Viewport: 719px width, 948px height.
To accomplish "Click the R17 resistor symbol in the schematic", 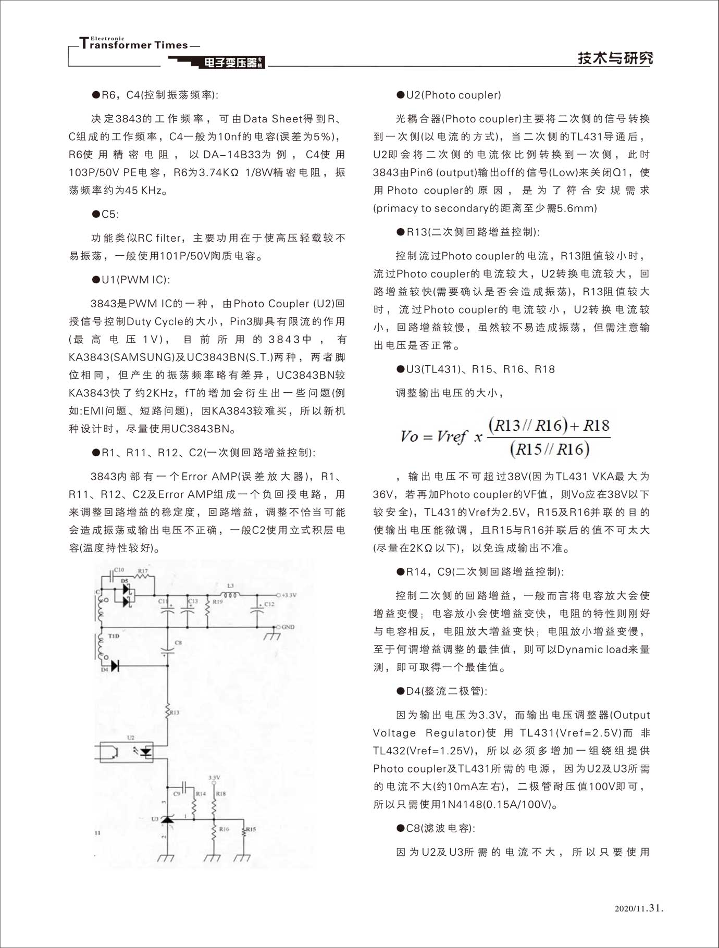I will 142,577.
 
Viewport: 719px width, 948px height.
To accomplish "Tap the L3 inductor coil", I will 231,595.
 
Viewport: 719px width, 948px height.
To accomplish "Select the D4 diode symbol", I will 115,665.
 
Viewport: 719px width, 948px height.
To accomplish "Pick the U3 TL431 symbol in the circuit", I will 167,819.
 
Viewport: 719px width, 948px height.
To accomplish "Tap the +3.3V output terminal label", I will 289,595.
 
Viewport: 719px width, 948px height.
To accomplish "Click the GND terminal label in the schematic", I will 288,627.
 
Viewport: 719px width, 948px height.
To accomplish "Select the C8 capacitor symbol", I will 168,650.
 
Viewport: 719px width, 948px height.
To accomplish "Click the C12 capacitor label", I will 269,604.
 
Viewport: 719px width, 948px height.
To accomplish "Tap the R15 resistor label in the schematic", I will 251,829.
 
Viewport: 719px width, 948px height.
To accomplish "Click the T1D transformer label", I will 114,636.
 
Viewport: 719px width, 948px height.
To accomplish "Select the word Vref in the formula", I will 451,436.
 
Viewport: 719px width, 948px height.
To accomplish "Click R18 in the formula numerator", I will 596,426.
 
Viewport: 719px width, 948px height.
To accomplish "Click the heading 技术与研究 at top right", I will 615,58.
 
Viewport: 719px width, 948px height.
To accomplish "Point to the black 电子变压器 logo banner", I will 231,63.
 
